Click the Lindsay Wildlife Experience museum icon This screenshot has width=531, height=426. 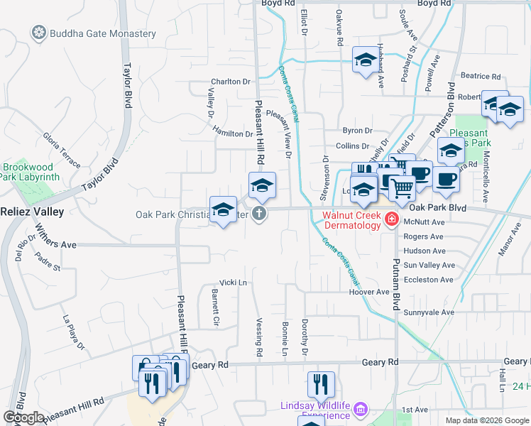click(360, 410)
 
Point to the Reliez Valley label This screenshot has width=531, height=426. click(31, 212)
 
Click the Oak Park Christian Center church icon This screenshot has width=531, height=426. click(260, 214)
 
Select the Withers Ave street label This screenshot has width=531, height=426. click(56, 244)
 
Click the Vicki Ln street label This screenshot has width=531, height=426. click(233, 283)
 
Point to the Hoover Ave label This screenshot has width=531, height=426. click(369, 292)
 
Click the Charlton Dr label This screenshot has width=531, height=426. click(231, 82)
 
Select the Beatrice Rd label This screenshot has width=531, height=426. click(481, 76)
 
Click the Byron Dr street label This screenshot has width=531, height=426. click(357, 131)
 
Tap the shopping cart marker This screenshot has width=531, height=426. click(401, 188)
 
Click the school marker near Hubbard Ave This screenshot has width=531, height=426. click(366, 60)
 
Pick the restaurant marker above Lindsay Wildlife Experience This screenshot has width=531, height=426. click(321, 384)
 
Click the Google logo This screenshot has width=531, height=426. click(23, 417)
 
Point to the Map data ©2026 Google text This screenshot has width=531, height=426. click(486, 420)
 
